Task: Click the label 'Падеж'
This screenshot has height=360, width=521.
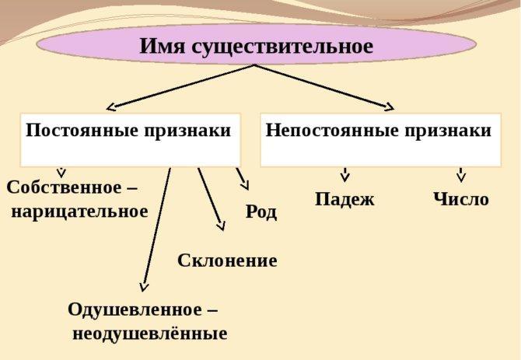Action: point(344,199)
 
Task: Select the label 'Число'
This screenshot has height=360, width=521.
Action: point(461,199)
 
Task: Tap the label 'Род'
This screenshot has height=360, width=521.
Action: point(261,211)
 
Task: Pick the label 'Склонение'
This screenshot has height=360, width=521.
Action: point(227,260)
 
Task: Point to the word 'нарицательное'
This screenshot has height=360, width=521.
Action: point(79,211)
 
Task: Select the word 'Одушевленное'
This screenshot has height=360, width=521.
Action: point(135,309)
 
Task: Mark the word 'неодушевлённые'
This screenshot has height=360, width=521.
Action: point(149,334)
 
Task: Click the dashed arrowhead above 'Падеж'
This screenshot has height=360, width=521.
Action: point(344,177)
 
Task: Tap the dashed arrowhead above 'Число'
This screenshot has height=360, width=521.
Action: point(461,177)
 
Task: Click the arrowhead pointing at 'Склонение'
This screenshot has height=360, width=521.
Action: point(220,225)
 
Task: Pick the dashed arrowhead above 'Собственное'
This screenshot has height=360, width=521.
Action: point(61,173)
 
